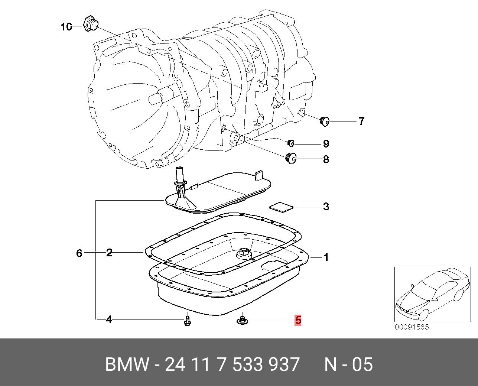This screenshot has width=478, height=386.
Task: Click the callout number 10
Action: pos(66,27)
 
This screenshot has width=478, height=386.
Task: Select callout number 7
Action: pos(361,121)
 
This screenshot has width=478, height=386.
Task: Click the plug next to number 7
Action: pos(325,121)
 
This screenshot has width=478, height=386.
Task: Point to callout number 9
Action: pos(326,143)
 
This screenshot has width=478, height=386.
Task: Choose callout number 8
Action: pos(326,159)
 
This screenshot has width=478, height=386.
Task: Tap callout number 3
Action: pos(326,207)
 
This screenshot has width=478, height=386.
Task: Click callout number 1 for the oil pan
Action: pos(326,257)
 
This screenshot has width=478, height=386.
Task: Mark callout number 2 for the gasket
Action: pos(109,253)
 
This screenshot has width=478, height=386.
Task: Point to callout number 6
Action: pos(79,253)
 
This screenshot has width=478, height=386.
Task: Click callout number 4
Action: pos(109,319)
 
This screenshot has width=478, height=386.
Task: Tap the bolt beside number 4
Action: pos(188,321)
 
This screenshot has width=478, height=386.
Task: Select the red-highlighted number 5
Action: pos(298,320)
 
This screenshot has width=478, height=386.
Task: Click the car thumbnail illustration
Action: pos(431,294)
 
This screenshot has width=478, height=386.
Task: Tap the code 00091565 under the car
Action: pos(412,327)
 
